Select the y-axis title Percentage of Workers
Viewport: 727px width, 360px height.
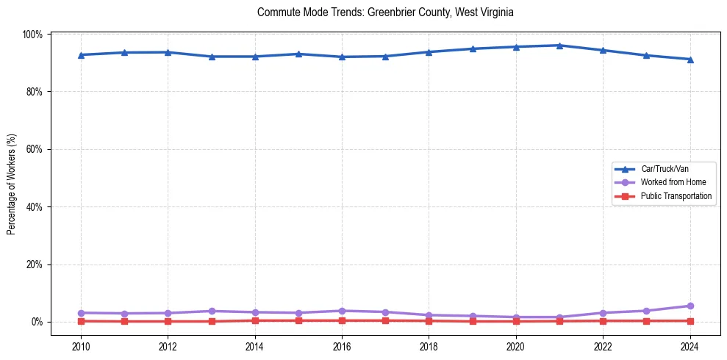tap(11, 179)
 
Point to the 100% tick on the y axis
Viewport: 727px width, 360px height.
tap(34, 35)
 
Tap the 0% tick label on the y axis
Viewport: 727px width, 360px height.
tap(37, 322)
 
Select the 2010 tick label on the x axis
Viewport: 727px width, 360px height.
tap(81, 347)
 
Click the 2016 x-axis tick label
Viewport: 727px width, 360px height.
tap(342, 347)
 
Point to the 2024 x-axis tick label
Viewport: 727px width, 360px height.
tap(690, 347)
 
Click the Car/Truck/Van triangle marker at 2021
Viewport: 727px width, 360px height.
tap(559, 46)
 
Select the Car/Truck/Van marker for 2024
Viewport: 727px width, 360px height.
tap(690, 60)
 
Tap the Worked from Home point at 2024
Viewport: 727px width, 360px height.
tap(690, 306)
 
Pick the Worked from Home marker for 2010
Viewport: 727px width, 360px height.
tap(81, 313)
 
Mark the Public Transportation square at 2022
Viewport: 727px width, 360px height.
tap(603, 320)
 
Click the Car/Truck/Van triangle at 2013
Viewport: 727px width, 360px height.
tap(212, 57)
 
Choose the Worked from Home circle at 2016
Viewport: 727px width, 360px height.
tap(342, 311)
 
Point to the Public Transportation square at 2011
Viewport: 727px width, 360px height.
tap(124, 321)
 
